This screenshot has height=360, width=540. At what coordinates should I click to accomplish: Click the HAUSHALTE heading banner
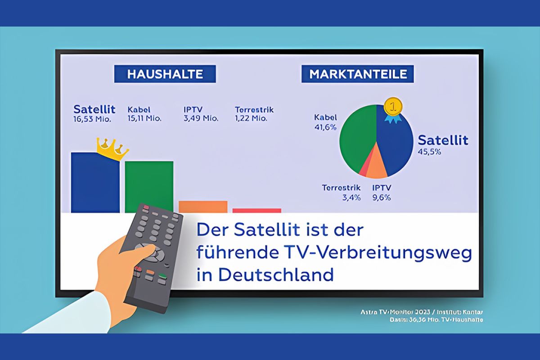[x=165, y=74]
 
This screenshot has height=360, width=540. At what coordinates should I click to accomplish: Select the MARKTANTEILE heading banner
[x=358, y=74]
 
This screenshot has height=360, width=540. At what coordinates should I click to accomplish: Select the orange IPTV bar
[x=203, y=207]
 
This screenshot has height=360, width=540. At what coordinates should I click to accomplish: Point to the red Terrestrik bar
[x=256, y=210]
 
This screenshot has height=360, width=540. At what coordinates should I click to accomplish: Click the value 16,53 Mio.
[x=92, y=119]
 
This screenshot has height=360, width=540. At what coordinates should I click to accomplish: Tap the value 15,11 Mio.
[x=144, y=119]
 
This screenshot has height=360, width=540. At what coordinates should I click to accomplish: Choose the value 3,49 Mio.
[x=201, y=119]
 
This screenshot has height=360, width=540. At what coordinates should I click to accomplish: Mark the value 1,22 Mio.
[x=251, y=119]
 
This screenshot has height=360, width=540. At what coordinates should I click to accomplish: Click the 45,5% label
[x=429, y=152]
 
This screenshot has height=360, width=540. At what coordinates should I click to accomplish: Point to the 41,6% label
[x=325, y=127]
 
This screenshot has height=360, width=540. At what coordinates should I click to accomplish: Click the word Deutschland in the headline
[x=276, y=274]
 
